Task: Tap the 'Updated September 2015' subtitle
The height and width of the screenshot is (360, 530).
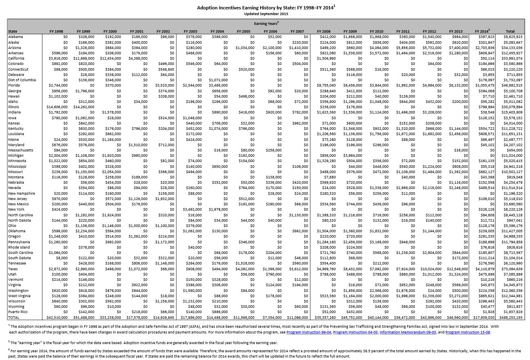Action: click(x=266, y=13)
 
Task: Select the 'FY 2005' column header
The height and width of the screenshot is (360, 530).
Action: click(x=243, y=31)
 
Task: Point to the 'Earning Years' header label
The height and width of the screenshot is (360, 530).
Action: click(x=266, y=24)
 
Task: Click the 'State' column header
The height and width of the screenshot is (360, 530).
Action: click(x=13, y=31)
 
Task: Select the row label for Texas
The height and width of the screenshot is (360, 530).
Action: click(x=13, y=269)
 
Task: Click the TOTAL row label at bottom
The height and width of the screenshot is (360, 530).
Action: click(x=13, y=318)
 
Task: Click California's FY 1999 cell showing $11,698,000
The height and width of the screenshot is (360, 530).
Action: click(x=85, y=58)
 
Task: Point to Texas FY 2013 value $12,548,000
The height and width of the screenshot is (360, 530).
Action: click(x=457, y=269)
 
